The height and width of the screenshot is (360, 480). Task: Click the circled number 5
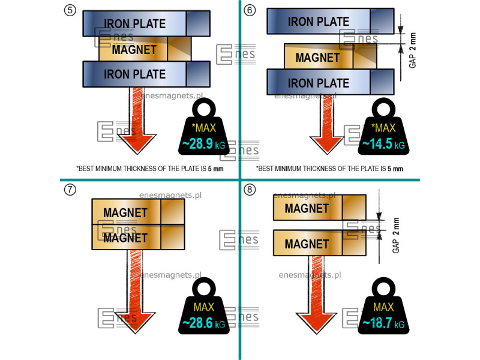click(x=70, y=10)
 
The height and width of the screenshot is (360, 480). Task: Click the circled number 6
click(x=250, y=10)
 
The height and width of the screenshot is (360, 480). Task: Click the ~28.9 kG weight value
click(x=203, y=145)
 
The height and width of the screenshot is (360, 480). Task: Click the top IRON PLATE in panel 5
click(x=146, y=23)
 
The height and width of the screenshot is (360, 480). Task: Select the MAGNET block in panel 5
click(x=145, y=49)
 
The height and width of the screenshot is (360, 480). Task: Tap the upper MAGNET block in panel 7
click(x=138, y=212)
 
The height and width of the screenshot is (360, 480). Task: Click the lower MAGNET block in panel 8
click(x=319, y=244)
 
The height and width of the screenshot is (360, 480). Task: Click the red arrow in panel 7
click(x=135, y=288)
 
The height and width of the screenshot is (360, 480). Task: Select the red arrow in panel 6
click(x=324, y=123)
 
